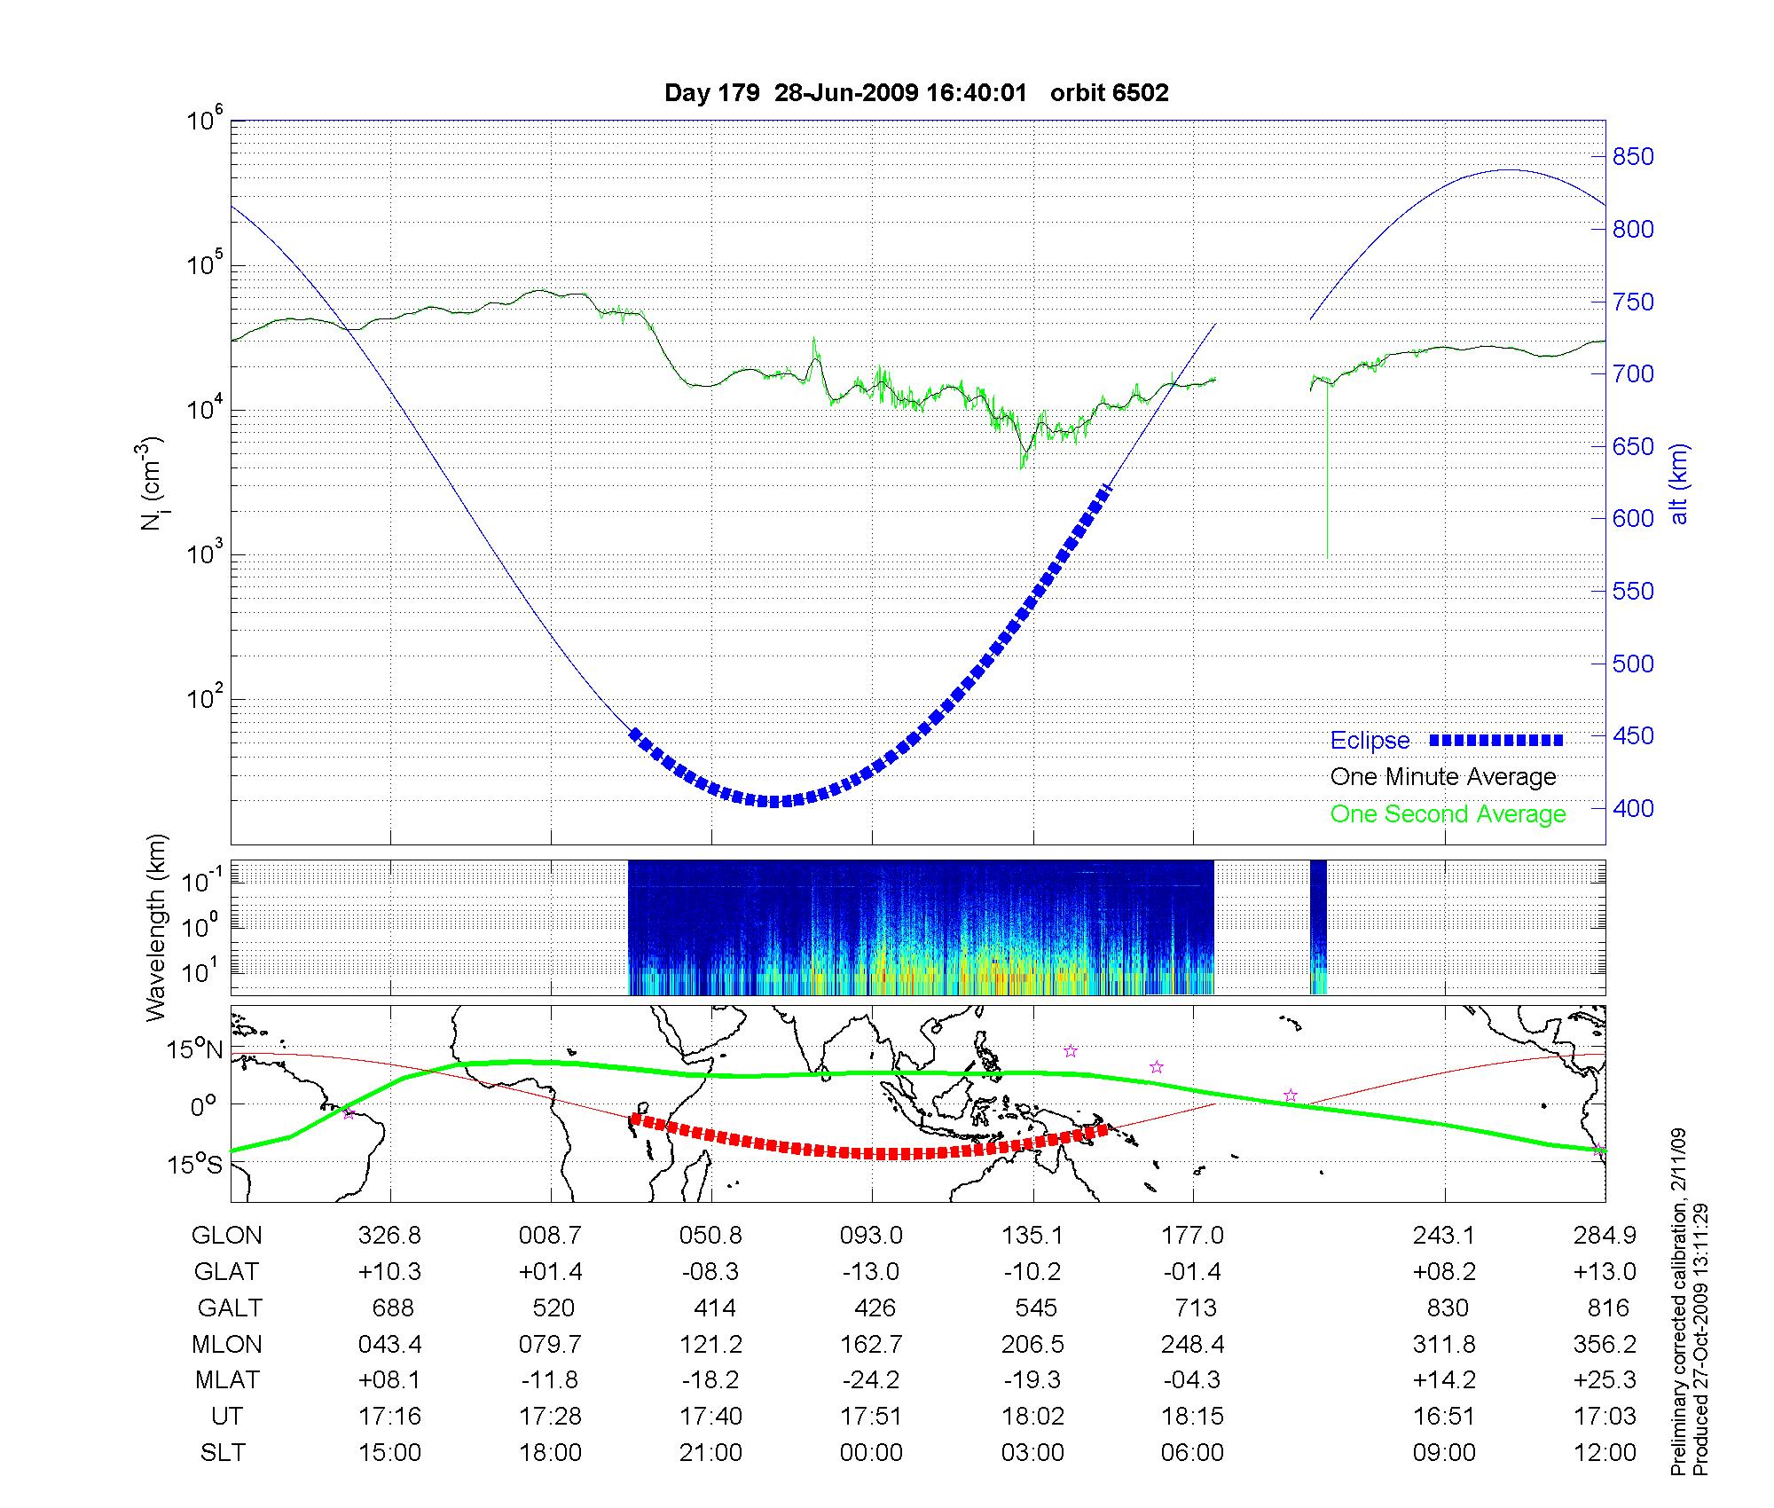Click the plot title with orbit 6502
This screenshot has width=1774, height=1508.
(916, 93)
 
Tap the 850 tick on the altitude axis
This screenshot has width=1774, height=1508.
(1632, 157)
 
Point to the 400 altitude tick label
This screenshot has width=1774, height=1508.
(1632, 808)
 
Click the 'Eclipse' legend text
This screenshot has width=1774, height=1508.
(1370, 741)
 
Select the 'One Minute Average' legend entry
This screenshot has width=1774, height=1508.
(1443, 777)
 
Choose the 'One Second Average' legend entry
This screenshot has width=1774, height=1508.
(1448, 814)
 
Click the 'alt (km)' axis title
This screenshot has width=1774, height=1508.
(1679, 483)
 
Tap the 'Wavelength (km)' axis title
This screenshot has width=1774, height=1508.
(157, 928)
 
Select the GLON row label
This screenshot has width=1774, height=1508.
(227, 1236)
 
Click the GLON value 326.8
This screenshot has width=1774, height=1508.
(389, 1236)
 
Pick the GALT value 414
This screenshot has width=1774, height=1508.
(714, 1308)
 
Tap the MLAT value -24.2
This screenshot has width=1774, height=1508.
(871, 1380)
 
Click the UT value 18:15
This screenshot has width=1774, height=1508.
(1192, 1417)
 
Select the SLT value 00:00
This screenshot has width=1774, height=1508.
(871, 1453)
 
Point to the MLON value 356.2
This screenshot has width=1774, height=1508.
(1604, 1344)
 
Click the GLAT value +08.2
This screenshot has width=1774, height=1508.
(1444, 1272)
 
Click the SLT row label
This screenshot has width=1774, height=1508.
(224, 1453)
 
